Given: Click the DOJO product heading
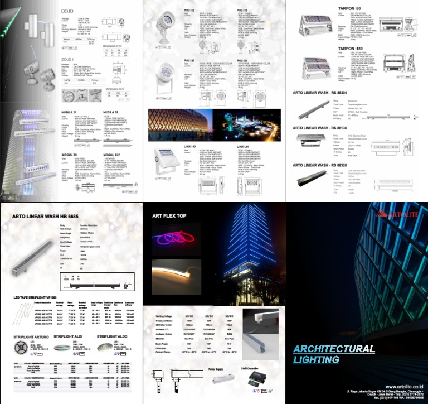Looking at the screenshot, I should point(67,10).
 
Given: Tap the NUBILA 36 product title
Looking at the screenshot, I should point(112,111).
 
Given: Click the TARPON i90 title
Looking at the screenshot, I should point(350,9).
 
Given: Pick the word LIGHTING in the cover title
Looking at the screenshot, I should point(317,360).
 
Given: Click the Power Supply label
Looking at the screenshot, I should point(215,369).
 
